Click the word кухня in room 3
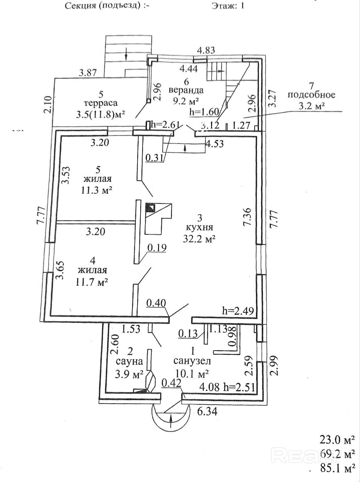point(200,228)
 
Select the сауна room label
point(129,362)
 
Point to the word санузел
point(192,361)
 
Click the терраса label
point(101,102)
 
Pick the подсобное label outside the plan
point(311,95)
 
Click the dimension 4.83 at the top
point(206,50)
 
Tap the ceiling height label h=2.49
point(238,311)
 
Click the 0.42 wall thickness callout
point(172,383)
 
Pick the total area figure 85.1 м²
point(337,469)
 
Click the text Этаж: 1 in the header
point(228,6)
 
